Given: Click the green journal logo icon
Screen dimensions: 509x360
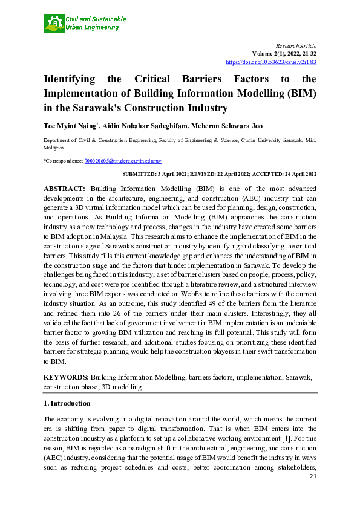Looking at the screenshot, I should coord(54,24).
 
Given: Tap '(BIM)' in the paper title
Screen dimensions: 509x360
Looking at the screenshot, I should coord(301,94).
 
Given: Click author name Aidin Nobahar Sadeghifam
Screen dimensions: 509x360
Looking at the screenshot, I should coord(143,125).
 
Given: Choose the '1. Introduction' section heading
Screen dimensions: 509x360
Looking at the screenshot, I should coord(67,403).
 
